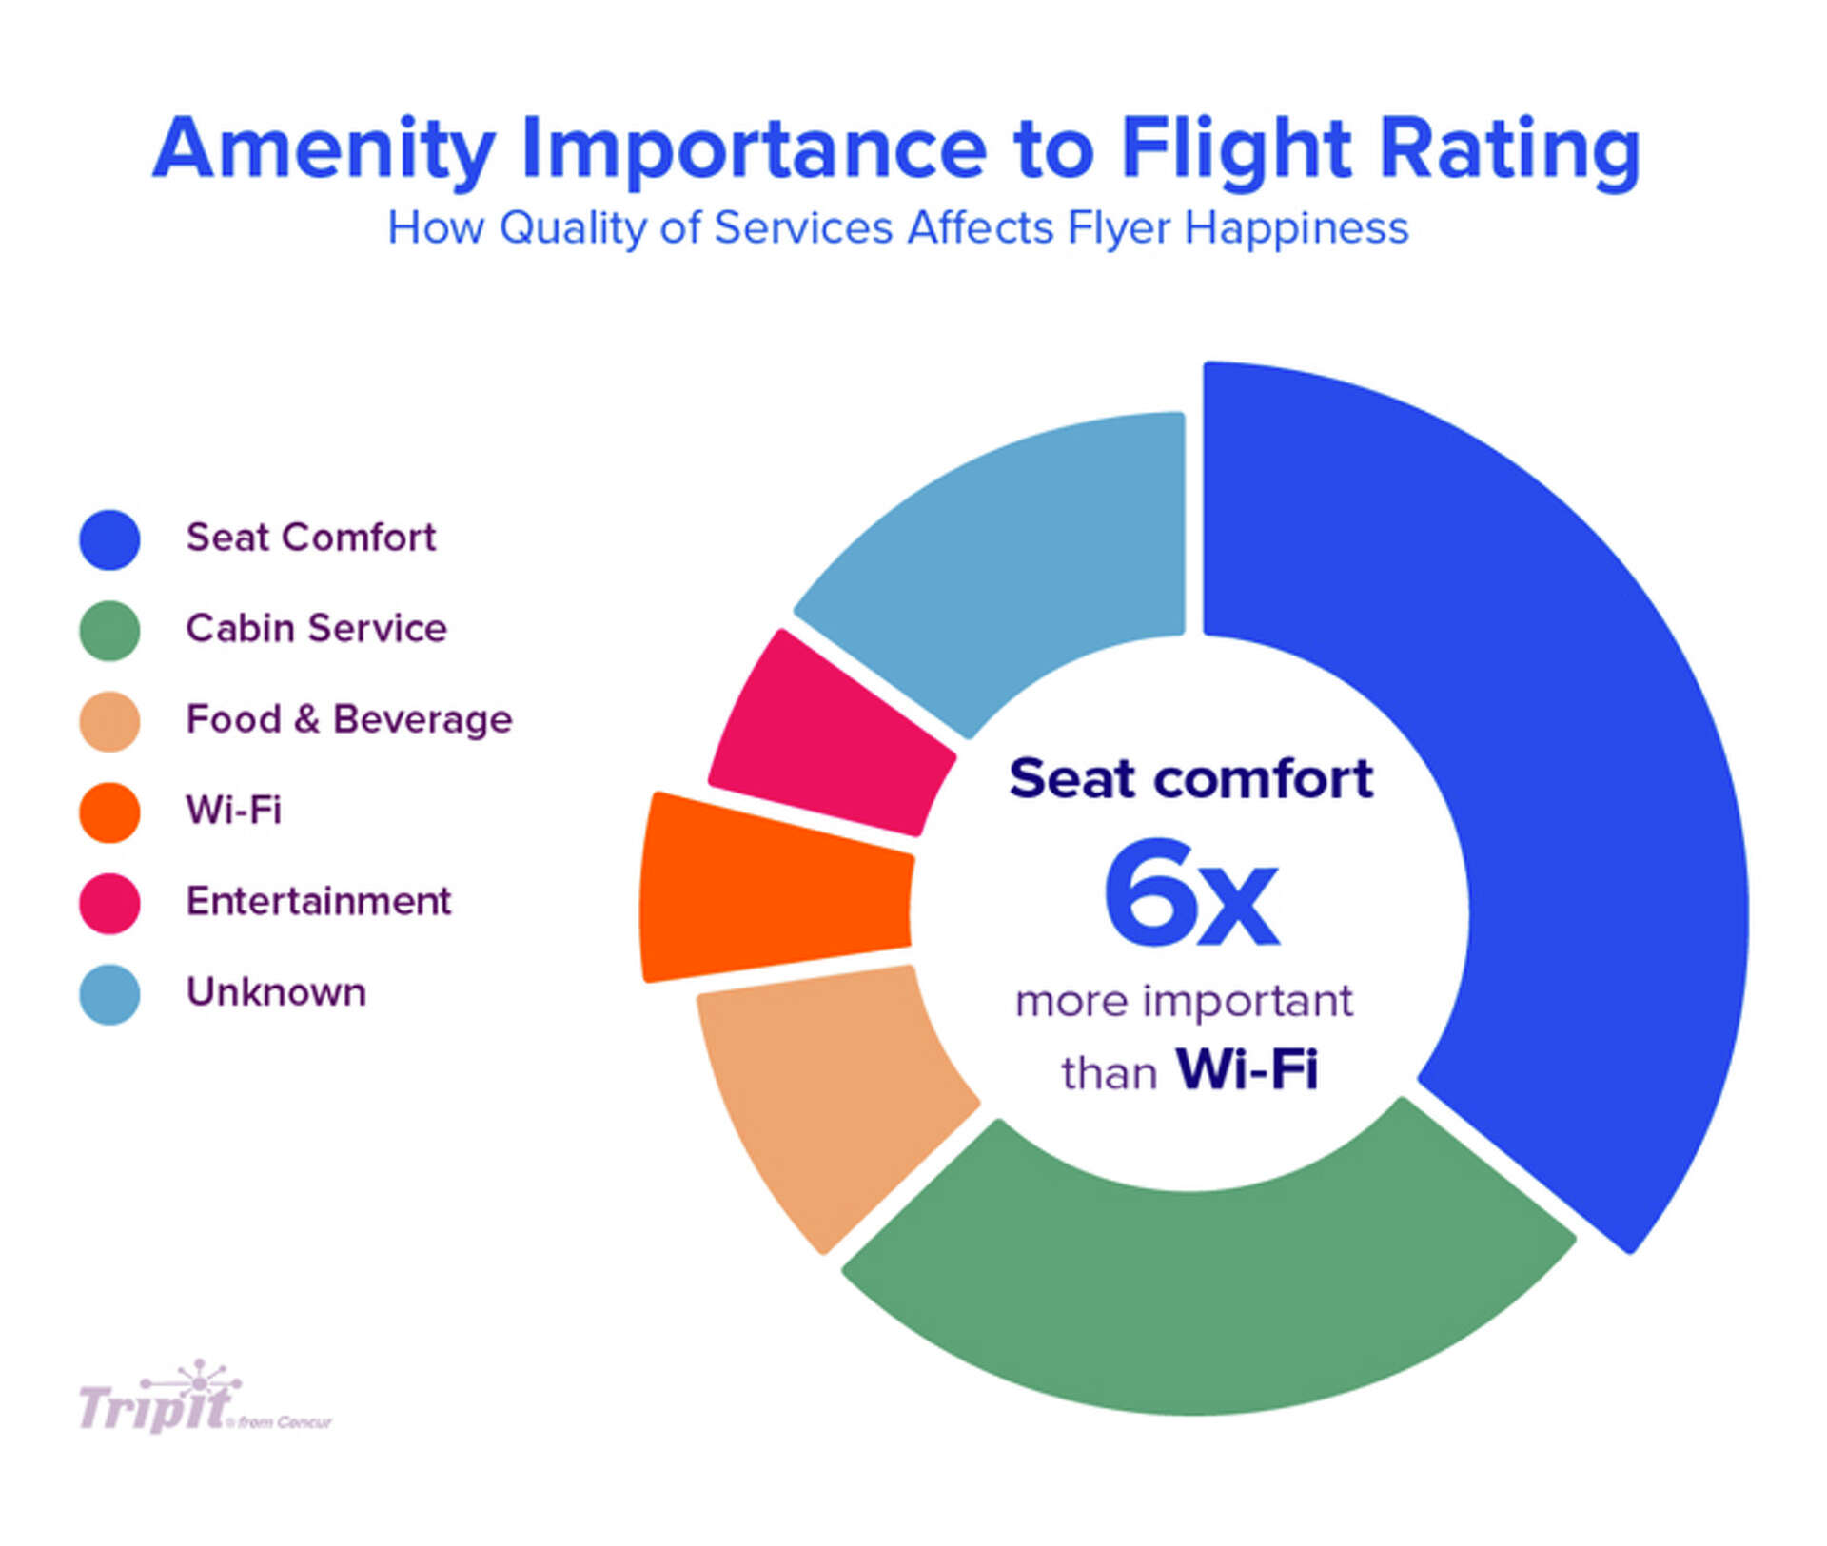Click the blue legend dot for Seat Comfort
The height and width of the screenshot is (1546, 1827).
click(x=109, y=539)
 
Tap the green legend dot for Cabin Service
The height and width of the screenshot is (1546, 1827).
click(x=109, y=630)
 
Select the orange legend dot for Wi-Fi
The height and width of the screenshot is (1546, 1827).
click(x=109, y=812)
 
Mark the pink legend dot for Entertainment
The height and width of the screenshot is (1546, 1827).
click(x=109, y=903)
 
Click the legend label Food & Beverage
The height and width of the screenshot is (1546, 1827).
click(x=348, y=719)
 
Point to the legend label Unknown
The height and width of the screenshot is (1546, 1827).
click(x=276, y=992)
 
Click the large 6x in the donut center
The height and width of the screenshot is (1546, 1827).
click(x=1189, y=894)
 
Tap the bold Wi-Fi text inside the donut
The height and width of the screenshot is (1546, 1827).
click(x=1247, y=1068)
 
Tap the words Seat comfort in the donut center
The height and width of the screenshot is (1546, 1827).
click(x=1190, y=778)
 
